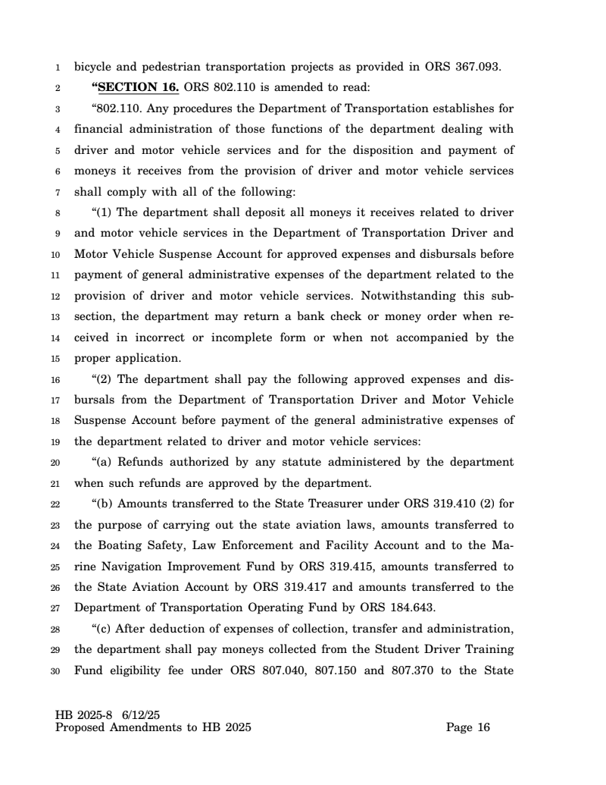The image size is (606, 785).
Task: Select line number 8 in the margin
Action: [x=58, y=213]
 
